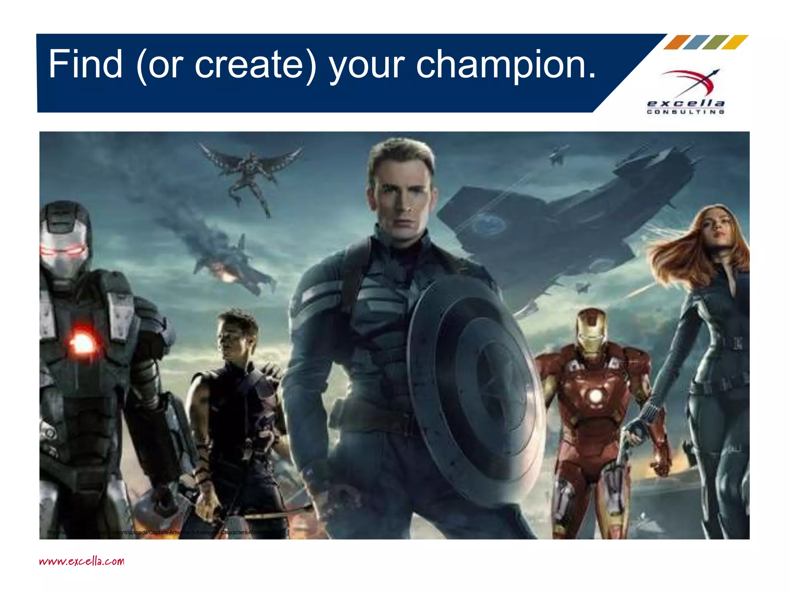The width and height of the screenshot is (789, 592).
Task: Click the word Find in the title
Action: tap(85, 64)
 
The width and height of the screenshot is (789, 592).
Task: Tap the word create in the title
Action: tap(250, 65)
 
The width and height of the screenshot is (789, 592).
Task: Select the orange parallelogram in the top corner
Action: tap(677, 42)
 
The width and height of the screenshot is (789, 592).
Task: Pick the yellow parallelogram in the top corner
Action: tap(735, 42)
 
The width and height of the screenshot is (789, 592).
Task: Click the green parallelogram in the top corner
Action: tap(715, 42)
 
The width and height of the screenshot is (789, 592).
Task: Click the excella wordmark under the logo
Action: tap(686, 103)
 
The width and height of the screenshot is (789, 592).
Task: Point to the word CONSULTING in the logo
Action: tap(686, 112)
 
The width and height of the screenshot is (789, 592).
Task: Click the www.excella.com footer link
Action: tap(82, 561)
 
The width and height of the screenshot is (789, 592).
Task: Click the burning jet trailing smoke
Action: tap(231, 266)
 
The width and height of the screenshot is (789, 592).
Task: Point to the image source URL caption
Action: tap(162, 533)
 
